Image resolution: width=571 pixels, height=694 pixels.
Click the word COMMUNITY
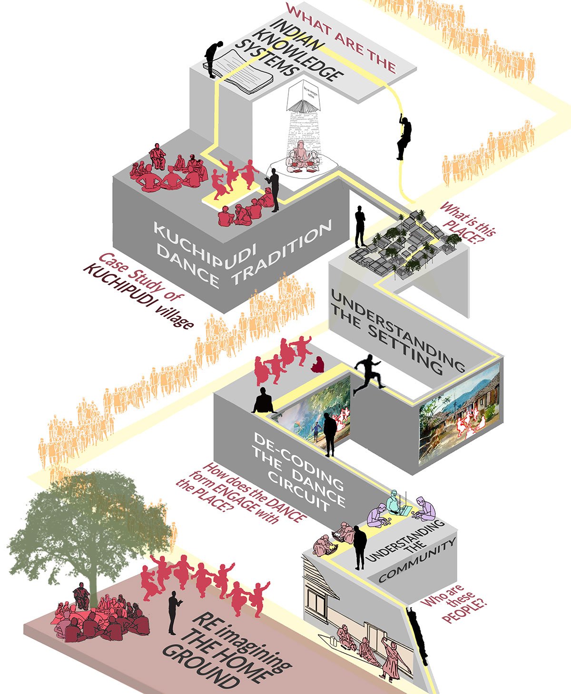pos(418,561)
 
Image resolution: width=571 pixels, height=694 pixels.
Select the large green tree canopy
pos(90,518)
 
